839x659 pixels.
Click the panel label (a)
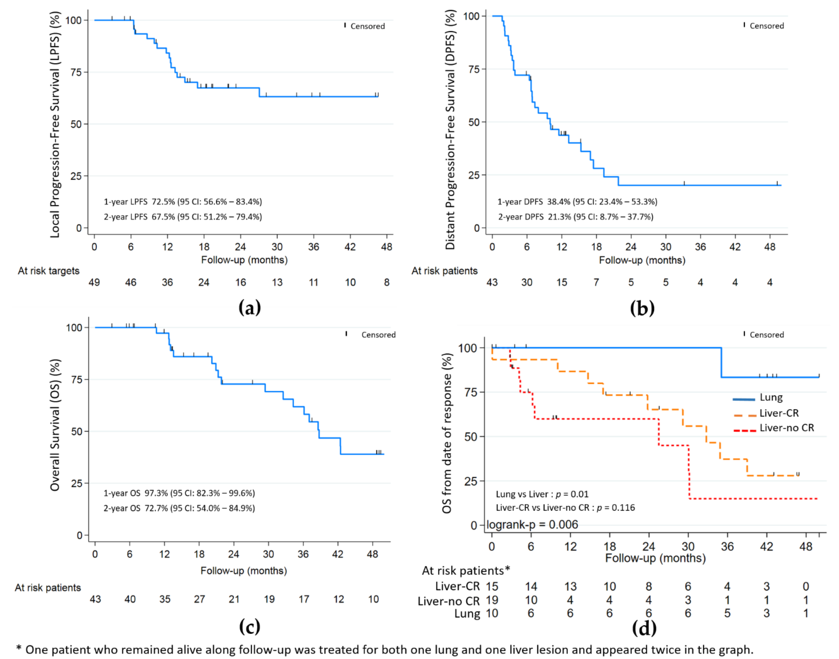249,308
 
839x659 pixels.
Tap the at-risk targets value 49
94,282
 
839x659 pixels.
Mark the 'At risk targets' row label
49,271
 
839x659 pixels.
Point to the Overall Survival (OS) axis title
55,425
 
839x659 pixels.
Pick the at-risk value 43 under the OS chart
95,599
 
